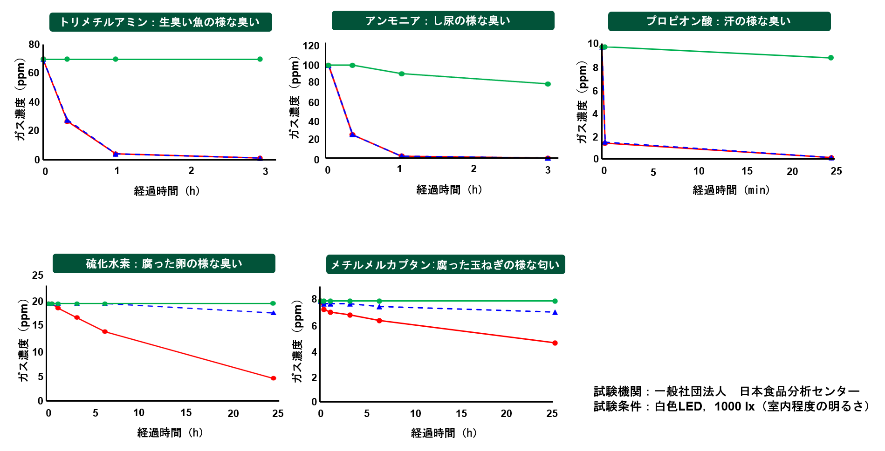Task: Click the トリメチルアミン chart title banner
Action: (160, 22)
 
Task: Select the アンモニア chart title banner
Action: (443, 20)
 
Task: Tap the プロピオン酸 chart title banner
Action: (719, 21)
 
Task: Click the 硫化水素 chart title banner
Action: (164, 263)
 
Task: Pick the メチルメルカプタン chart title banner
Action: (445, 264)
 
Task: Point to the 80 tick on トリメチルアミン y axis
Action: (34, 45)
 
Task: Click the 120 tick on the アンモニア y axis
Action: (311, 46)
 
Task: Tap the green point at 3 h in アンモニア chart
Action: (548, 84)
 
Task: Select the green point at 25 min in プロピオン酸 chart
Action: (831, 58)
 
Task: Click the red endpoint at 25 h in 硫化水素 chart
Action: (274, 378)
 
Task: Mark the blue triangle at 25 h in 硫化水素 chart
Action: (274, 313)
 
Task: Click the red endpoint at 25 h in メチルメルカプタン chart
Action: (555, 343)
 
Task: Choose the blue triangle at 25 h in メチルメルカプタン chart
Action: (555, 312)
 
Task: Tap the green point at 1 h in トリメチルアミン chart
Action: (116, 59)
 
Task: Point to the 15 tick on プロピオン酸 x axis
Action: (747, 171)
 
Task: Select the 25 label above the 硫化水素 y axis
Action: (38, 276)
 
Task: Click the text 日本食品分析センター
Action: (800, 391)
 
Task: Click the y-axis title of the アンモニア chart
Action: (295, 98)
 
